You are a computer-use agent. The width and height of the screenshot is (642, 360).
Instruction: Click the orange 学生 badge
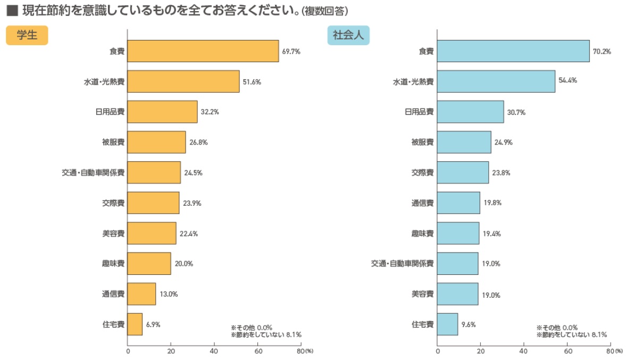pos(27,36)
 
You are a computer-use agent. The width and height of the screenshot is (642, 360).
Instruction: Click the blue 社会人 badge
pos(348,36)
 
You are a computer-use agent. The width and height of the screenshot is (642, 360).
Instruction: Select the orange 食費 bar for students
pos(203,51)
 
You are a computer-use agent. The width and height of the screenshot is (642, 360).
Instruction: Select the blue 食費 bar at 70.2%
pos(513,51)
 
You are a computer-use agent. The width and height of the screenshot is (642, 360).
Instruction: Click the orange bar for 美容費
pos(152,233)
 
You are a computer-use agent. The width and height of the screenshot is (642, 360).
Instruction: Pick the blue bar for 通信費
pos(458,203)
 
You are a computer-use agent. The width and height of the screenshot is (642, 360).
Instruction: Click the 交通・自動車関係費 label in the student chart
pos(93,173)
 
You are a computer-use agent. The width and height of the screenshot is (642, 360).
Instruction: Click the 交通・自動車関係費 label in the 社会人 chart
pos(402,264)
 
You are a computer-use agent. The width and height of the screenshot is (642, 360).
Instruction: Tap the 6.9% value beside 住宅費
pos(153,324)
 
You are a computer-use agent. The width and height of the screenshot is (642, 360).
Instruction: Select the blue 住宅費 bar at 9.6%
pos(447,324)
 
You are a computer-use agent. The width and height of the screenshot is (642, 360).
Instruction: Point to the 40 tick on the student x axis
pos(214,351)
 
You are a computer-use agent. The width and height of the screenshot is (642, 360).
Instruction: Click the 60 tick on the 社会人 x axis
pos(568,351)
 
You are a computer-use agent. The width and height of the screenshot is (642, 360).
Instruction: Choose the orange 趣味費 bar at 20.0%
pos(149,264)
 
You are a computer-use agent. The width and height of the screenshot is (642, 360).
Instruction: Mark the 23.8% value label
pos(501,173)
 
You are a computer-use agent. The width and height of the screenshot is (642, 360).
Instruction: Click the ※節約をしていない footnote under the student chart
pos(266,335)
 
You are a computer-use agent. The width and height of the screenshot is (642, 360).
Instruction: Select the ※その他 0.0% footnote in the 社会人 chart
pos(556,328)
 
